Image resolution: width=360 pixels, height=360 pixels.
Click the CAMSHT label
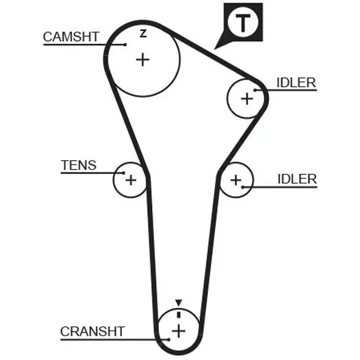point(71,37)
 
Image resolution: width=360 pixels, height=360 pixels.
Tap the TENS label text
point(79,165)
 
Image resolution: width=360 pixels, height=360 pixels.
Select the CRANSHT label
point(92,331)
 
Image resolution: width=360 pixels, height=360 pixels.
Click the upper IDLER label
point(296,83)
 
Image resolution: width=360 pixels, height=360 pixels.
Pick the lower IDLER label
point(297,179)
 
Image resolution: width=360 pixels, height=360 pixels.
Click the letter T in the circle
point(243,23)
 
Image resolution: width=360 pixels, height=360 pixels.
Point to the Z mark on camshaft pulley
point(143,34)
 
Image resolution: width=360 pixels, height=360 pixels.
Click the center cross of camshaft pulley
point(143,60)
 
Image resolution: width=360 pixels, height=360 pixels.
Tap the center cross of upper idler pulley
point(247,99)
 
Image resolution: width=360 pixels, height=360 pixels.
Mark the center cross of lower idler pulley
point(236,180)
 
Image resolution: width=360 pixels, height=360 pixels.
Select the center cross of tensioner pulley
point(131,180)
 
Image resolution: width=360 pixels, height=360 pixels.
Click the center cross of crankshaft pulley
point(179,331)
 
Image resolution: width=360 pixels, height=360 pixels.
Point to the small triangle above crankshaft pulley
point(179,303)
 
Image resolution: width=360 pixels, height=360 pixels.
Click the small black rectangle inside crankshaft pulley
point(179,315)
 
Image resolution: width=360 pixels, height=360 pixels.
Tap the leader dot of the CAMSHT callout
point(125,44)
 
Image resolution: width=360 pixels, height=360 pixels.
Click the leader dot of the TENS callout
point(123,173)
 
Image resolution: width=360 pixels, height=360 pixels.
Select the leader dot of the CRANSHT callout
point(169,339)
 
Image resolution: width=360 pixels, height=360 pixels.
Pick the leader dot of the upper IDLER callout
point(255,90)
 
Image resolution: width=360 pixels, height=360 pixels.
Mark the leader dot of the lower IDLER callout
point(243,187)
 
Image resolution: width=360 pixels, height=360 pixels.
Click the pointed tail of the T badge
point(214,49)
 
